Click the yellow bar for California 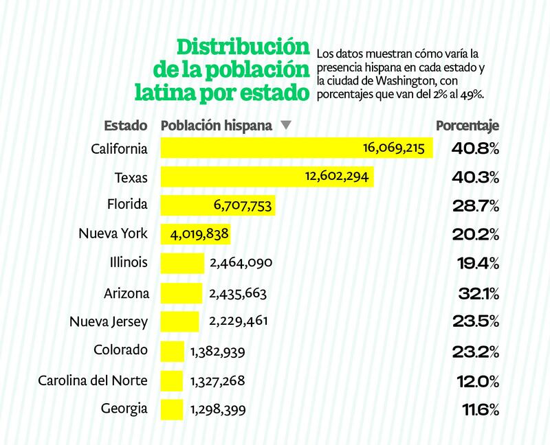coord(296,148)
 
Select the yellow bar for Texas coord(267,176)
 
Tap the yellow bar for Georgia coord(172,409)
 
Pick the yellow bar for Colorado coord(173,351)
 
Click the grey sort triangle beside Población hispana coord(286,126)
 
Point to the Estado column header coord(126,126)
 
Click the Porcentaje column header coord(467,126)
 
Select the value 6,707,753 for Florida coord(239,205)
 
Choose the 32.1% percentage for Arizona coord(478,293)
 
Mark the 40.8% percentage coord(475,148)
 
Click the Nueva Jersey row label coord(109,321)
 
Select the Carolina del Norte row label coord(93,380)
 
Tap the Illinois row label coord(129,263)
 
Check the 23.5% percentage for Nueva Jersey coord(476,322)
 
